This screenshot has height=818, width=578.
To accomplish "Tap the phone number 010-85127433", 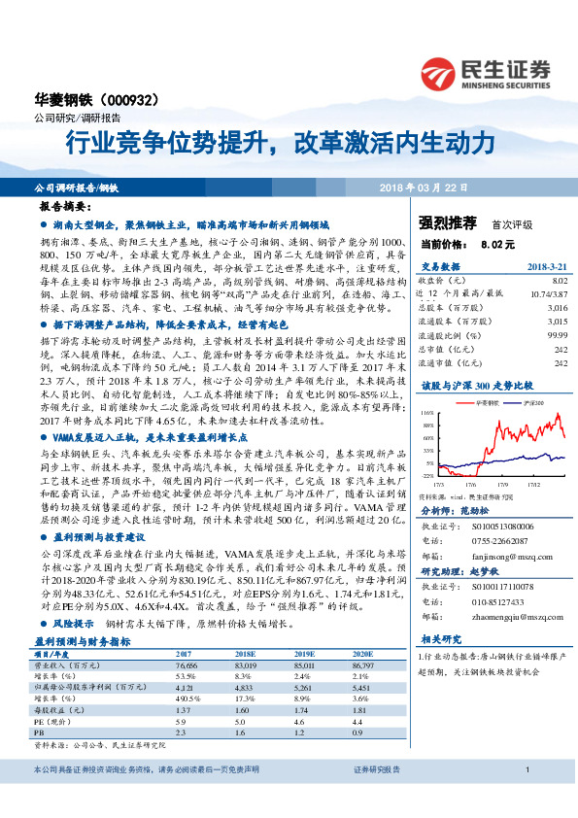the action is (x=500, y=599).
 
